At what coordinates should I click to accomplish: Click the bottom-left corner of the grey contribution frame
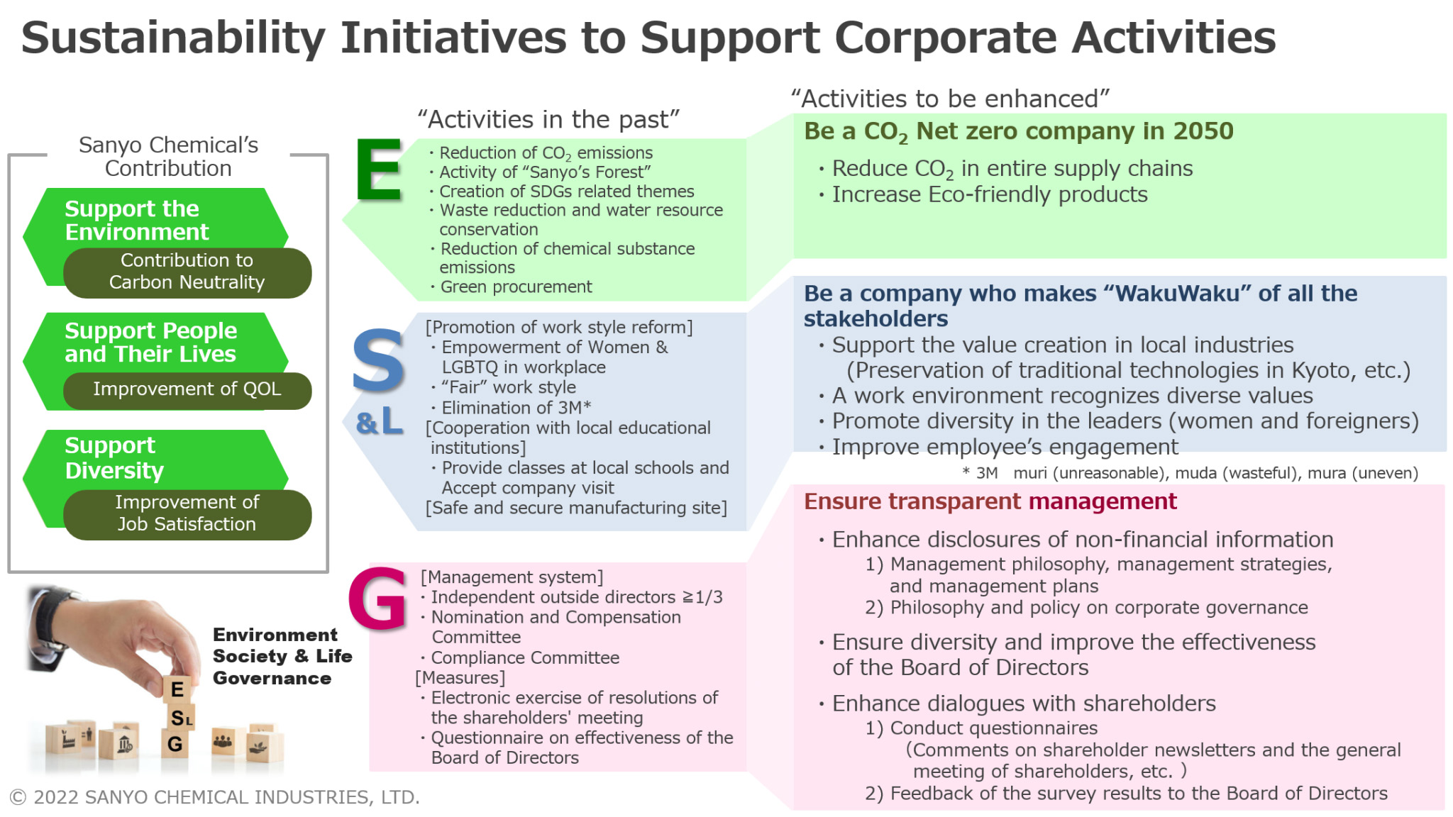coord(9,572)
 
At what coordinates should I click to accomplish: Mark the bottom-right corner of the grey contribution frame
coord(328,572)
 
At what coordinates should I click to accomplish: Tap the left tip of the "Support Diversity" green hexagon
coord(23,479)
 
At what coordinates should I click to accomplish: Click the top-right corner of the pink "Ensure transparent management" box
coord(1444,486)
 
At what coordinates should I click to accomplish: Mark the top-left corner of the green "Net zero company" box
coord(794,114)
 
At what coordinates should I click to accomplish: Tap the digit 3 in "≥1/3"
coord(717,597)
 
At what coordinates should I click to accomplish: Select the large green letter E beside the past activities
coord(379,170)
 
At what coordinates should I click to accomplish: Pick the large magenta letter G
coord(377,598)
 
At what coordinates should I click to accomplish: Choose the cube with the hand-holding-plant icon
coord(264,745)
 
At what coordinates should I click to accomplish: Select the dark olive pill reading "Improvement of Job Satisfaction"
coord(187,514)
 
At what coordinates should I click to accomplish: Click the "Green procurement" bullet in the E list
coord(511,287)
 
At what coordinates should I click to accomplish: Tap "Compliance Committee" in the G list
coord(520,657)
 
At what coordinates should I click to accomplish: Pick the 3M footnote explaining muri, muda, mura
coord(1190,473)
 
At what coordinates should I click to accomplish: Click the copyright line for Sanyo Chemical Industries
coord(214,797)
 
